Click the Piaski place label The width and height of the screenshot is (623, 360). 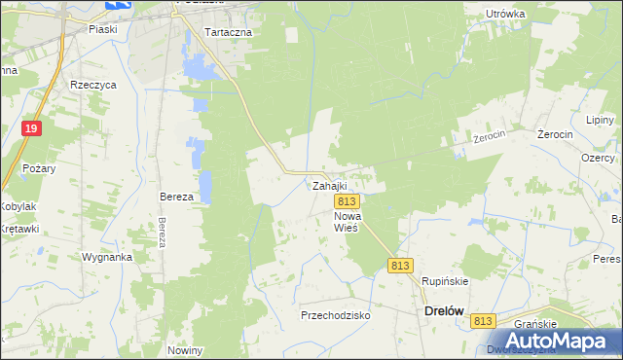[x=103, y=29]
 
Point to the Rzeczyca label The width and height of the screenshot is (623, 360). [x=93, y=85]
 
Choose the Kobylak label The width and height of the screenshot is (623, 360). [x=18, y=206]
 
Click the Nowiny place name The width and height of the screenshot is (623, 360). [x=184, y=350]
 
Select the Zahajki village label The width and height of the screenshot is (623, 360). [x=329, y=185]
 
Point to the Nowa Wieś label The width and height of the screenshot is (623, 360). [x=347, y=221]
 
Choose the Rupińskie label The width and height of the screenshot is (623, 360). [x=445, y=281]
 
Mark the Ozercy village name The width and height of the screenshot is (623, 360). [x=598, y=158]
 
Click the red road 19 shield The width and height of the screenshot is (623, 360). [x=32, y=128]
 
